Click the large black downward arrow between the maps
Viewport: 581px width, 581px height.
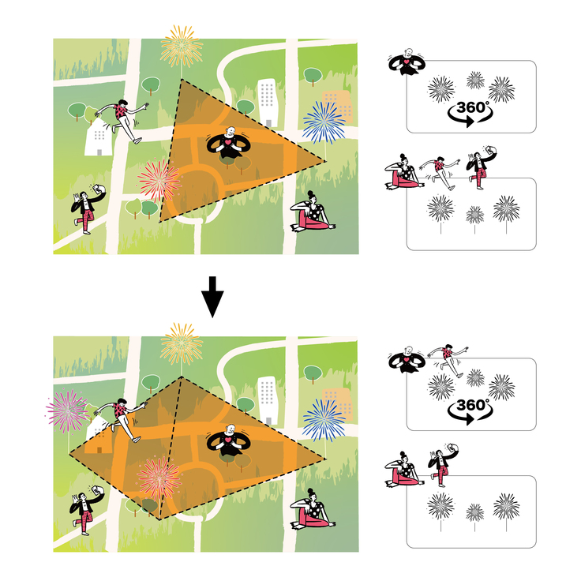(x=212, y=297)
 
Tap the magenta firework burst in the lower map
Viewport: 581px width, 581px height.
(x=67, y=410)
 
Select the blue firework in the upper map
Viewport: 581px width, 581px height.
(x=324, y=122)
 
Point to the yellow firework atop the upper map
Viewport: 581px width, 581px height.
(x=182, y=47)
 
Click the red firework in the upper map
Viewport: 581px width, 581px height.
(x=159, y=181)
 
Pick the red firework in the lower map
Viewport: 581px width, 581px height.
(x=159, y=478)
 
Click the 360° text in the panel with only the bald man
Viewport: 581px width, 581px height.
(x=471, y=107)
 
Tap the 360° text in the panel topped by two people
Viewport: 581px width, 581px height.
(x=471, y=405)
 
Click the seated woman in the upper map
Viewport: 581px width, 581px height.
(x=313, y=212)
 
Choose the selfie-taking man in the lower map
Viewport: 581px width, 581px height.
(x=87, y=510)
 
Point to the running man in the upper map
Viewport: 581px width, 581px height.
(x=122, y=121)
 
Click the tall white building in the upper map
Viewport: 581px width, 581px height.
(x=268, y=103)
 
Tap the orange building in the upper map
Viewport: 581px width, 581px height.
(x=338, y=106)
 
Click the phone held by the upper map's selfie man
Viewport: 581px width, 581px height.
(x=98, y=189)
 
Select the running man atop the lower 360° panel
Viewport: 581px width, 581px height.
(x=448, y=361)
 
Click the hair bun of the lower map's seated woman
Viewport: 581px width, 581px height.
(x=310, y=491)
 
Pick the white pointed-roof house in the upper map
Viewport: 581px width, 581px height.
(x=99, y=137)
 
